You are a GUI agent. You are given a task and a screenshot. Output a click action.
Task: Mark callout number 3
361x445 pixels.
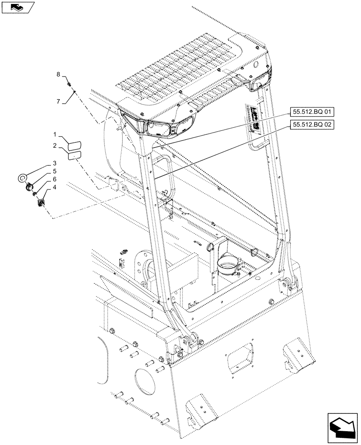pyautogui.click(x=54, y=163)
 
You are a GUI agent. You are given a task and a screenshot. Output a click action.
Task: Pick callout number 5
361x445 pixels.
pyautogui.click(x=54, y=171)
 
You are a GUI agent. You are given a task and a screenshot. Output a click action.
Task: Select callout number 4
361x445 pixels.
pyautogui.click(x=54, y=187)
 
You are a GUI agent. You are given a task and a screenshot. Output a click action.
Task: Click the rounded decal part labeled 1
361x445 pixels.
pyautogui.click(x=74, y=146)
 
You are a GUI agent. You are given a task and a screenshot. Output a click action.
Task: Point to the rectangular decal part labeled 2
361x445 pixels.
pyautogui.click(x=74, y=155)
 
